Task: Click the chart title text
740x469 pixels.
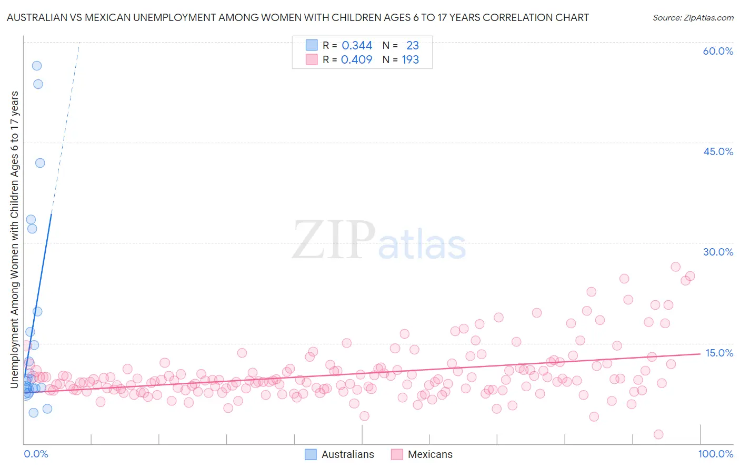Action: coord(297,17)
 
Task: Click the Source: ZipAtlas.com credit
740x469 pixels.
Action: coord(693,17)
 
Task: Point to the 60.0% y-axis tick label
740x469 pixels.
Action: coord(718,51)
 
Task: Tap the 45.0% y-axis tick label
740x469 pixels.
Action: coord(718,151)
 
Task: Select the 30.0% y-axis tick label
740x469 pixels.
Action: coord(718,252)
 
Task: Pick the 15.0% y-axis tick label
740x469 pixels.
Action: coord(719,353)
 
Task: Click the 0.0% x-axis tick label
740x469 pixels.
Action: coord(36,454)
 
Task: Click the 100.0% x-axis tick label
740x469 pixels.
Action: coord(715,454)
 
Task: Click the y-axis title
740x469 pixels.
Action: coord(14,239)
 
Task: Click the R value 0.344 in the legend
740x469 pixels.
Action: coord(357,46)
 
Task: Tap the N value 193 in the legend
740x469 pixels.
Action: coord(411,60)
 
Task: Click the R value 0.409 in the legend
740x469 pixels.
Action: coord(357,60)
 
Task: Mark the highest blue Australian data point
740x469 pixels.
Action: coord(37,66)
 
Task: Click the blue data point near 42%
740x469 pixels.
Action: coord(40,163)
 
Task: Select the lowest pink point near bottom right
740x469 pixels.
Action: coord(658,434)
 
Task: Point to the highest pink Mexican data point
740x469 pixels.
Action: coord(676,267)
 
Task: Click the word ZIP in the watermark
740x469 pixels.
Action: coord(334,240)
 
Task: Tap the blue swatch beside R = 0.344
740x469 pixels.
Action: coord(312,45)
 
